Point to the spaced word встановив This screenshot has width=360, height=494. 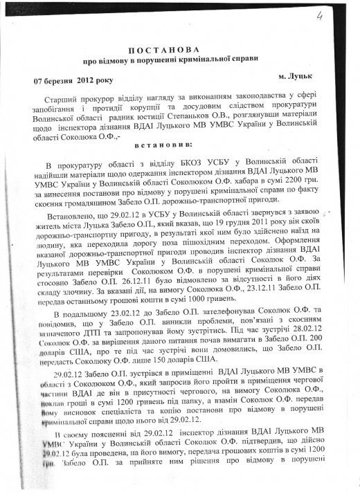[178, 149]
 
